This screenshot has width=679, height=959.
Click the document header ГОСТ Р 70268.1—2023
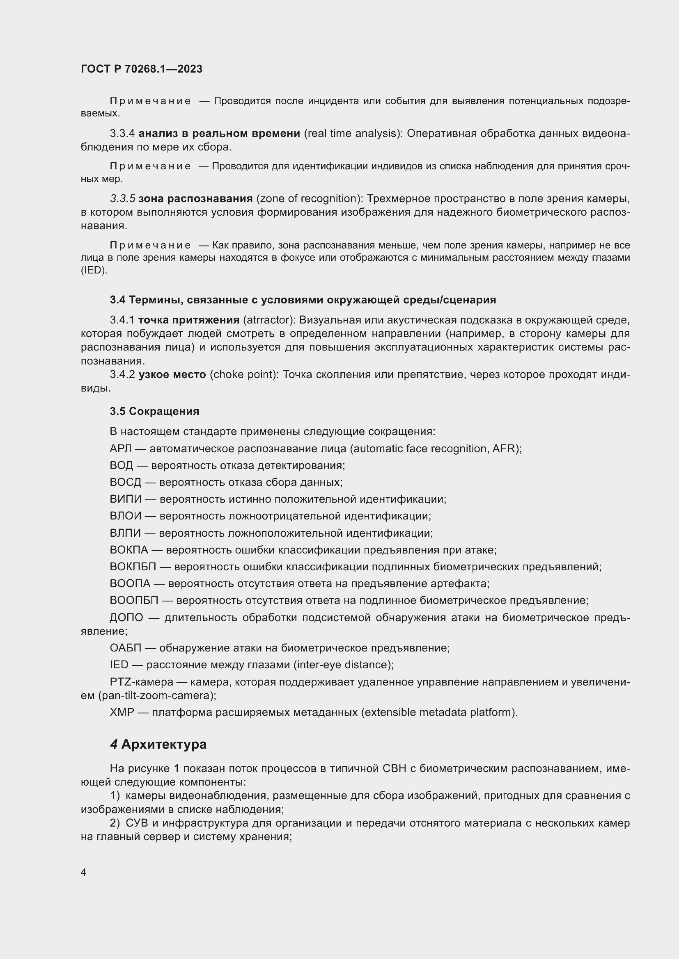[141, 69]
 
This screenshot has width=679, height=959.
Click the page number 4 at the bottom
[84, 873]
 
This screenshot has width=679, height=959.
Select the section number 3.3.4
[122, 133]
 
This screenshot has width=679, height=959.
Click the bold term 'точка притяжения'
[188, 320]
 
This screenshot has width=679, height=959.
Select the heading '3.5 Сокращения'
[154, 411]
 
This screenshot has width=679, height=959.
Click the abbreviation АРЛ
[120, 449]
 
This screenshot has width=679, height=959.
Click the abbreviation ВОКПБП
[133, 567]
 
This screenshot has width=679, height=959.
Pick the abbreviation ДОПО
[126, 617]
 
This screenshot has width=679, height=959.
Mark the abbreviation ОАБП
[126, 648]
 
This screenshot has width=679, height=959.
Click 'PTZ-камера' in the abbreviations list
[141, 682]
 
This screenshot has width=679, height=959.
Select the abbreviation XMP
[122, 712]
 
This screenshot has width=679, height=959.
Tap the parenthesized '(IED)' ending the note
[94, 270]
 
